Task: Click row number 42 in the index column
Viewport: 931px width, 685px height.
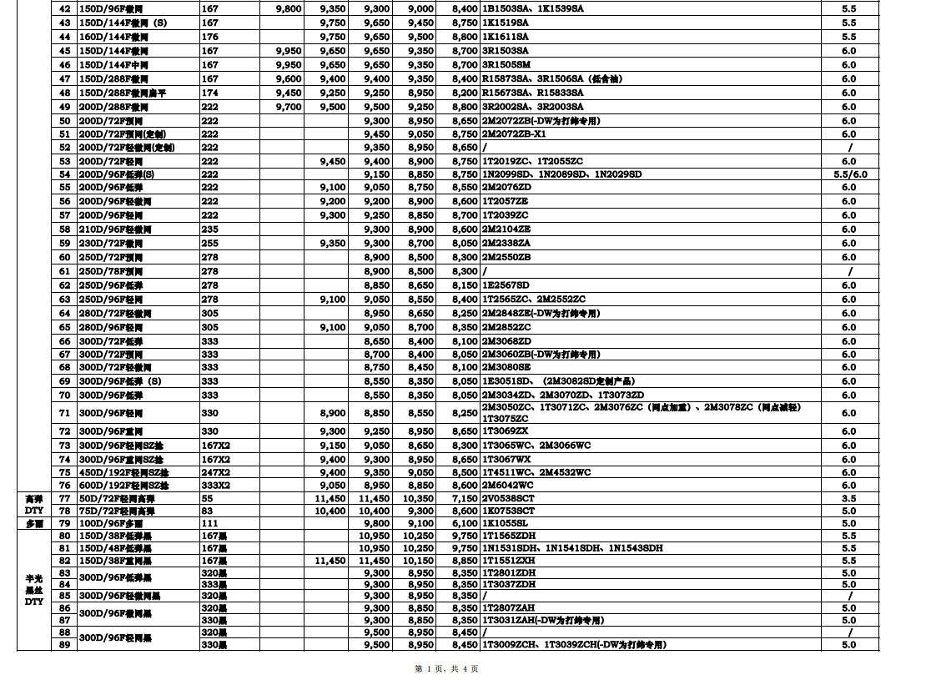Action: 64,8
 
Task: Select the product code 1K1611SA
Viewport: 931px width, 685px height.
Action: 506,37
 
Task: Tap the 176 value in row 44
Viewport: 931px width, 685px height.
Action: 209,37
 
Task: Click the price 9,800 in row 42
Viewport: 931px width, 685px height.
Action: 288,8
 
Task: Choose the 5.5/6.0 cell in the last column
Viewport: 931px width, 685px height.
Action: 848,174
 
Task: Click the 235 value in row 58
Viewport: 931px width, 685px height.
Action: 209,229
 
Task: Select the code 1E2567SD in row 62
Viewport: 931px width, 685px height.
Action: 506,285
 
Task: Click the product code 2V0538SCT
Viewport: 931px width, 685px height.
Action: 508,498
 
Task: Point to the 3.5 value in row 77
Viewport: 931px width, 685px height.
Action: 848,498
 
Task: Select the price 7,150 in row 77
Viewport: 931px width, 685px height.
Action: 465,498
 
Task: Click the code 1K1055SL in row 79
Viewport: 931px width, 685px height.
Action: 506,523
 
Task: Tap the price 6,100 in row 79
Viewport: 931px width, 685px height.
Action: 465,523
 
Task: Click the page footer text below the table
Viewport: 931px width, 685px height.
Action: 446,668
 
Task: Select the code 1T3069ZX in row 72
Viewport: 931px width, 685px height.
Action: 506,431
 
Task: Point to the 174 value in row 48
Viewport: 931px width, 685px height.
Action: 209,93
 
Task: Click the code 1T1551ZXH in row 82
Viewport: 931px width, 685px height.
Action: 508,562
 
